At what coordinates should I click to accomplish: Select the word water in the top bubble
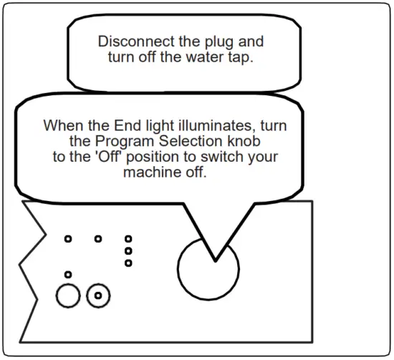[205, 57]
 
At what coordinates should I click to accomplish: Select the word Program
[124, 142]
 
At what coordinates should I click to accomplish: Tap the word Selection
[191, 141]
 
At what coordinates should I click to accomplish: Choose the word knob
[244, 141]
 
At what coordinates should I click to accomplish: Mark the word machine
[152, 172]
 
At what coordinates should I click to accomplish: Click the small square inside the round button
[98, 296]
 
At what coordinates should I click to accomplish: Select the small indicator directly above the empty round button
[68, 274]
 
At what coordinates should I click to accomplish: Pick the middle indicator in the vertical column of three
[128, 250]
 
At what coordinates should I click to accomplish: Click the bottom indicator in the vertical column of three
[128, 263]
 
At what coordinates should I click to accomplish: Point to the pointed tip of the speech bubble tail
[216, 261]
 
